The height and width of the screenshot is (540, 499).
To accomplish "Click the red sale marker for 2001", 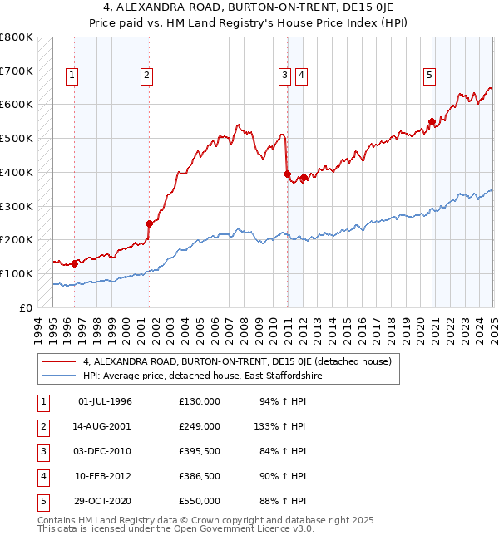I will tap(150, 223).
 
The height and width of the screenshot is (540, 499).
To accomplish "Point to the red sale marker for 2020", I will tap(432, 121).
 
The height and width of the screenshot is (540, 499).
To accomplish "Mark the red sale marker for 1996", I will tap(75, 263).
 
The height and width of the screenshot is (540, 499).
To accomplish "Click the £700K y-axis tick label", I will tap(17, 71).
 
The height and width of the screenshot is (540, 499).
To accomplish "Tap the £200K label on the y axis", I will tap(17, 239).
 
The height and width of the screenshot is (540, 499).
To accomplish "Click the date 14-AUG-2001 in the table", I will tap(104, 426).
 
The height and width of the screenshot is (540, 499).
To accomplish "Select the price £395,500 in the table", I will tap(200, 451).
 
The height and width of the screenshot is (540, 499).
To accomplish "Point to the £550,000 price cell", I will tap(200, 501).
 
